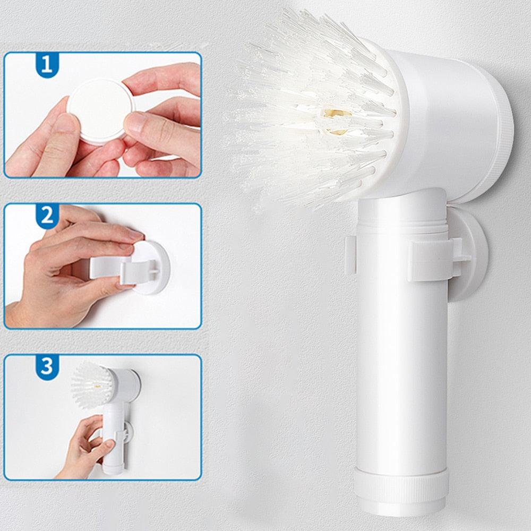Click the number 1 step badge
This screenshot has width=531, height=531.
pos(46,65)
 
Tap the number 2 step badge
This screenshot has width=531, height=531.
pos(46,215)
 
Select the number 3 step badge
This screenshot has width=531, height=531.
pos(46,366)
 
